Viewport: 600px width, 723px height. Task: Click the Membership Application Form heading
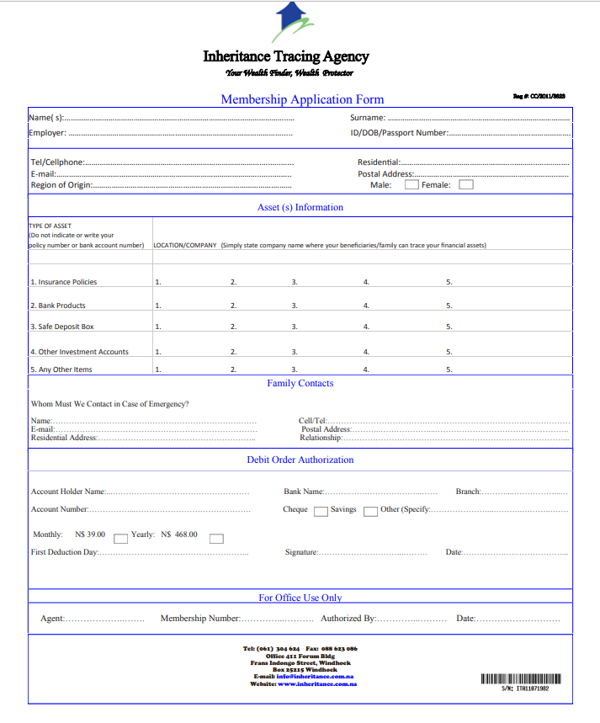click(x=302, y=99)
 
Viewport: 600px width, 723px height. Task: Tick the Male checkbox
click(x=412, y=185)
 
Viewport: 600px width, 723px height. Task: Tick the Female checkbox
click(x=466, y=185)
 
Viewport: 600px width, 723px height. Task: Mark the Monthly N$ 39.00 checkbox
click(x=120, y=538)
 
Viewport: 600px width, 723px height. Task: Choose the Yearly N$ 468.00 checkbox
click(x=216, y=538)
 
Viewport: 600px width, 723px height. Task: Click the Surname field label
click(x=368, y=118)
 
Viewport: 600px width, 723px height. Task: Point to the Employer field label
click(x=47, y=133)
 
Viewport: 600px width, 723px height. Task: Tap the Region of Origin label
click(x=61, y=185)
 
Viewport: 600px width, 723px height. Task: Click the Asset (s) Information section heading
click(x=300, y=207)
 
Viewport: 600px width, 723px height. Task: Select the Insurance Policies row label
click(x=64, y=283)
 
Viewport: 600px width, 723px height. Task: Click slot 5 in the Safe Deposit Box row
click(x=449, y=327)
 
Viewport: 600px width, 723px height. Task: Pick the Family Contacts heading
click(x=300, y=384)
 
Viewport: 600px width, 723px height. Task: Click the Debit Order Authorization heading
click(x=300, y=460)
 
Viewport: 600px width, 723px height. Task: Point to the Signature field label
click(x=301, y=553)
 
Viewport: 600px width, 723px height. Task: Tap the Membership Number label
click(x=199, y=619)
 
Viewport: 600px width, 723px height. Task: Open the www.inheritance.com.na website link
click(x=317, y=683)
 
